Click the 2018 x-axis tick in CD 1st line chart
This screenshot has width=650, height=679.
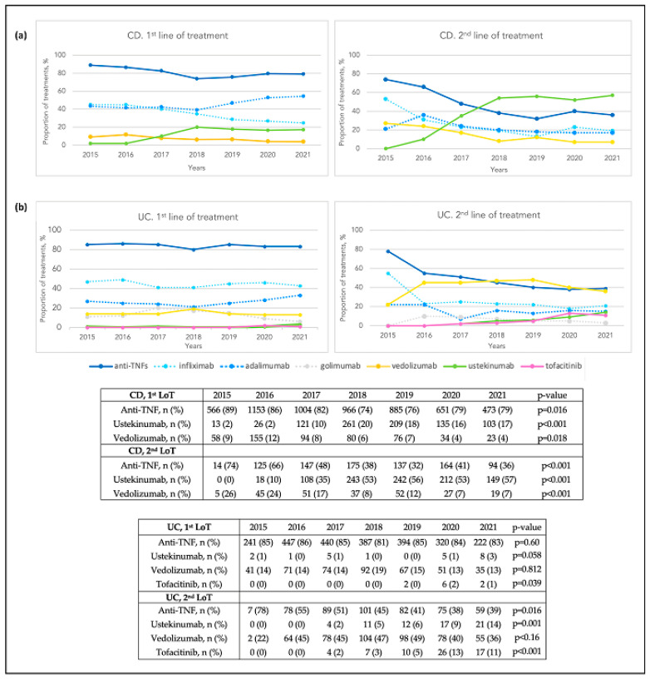tap(195, 154)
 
